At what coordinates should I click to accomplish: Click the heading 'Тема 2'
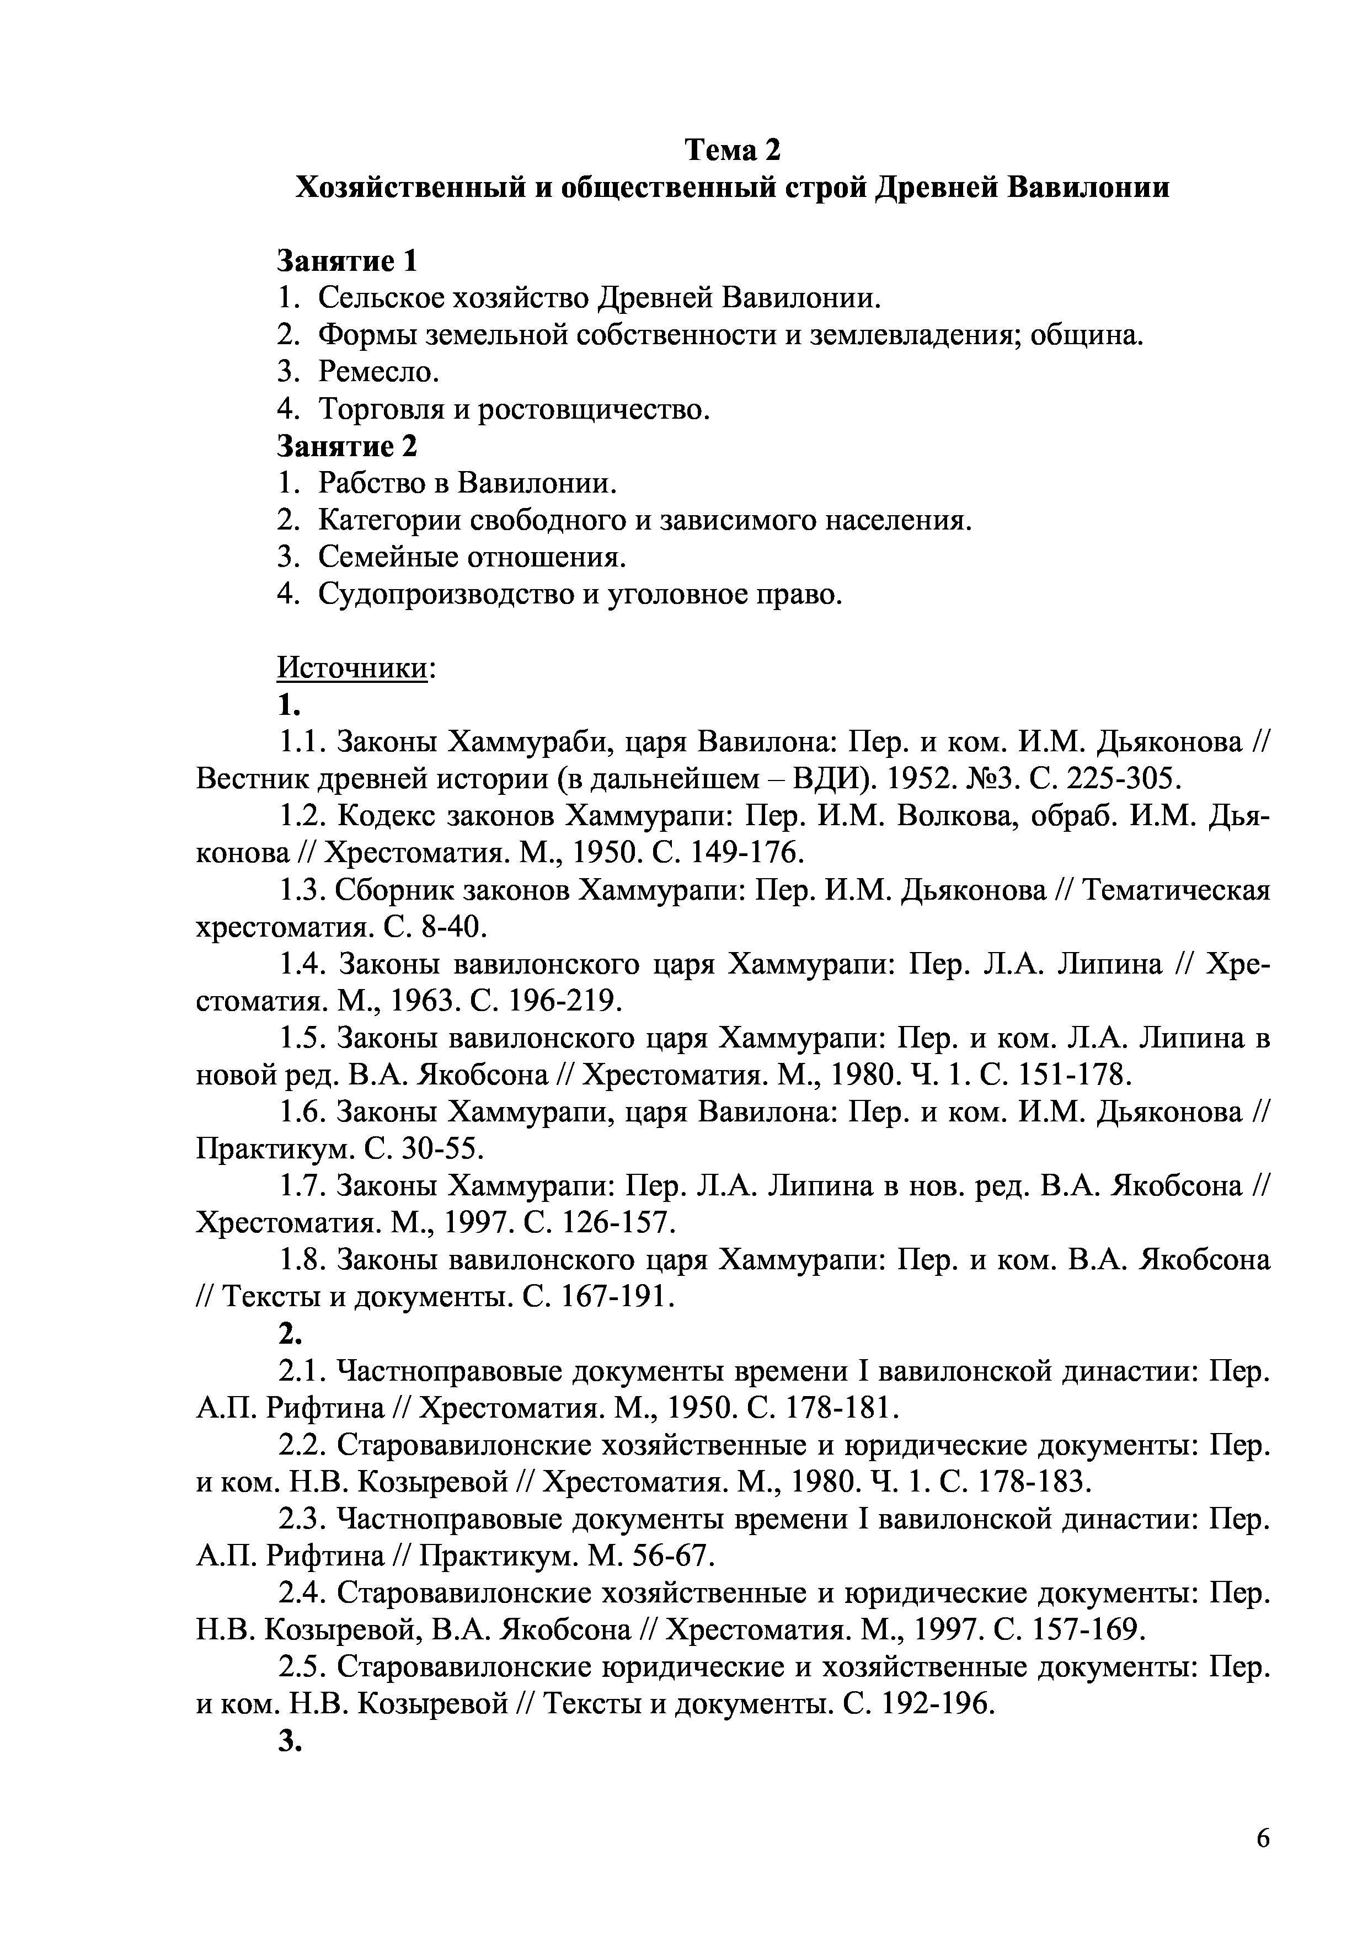coord(731,150)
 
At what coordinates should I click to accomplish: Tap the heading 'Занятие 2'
coord(348,446)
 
